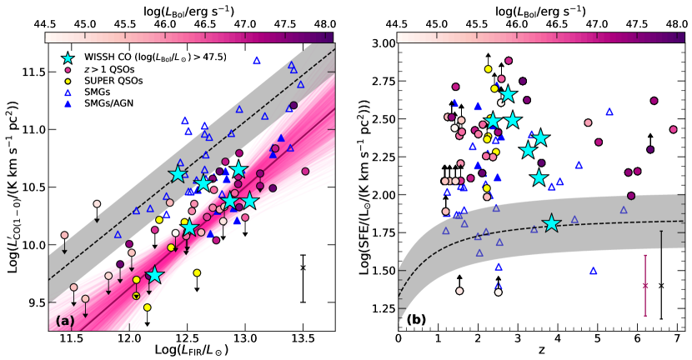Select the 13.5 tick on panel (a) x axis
coord(303,340)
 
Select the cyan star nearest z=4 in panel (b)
coord(551,223)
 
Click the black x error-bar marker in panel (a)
coord(303,267)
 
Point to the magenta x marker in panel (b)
coord(645,285)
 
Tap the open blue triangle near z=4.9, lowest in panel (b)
coord(594,270)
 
